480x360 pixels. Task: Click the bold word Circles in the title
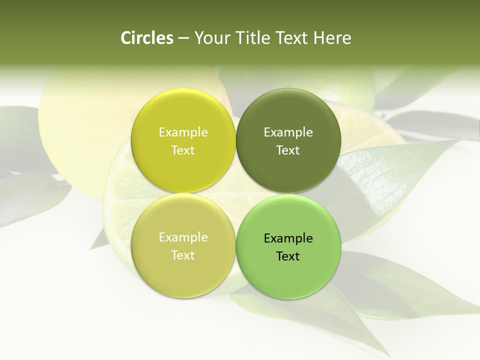(147, 38)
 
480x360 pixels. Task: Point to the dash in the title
(183, 38)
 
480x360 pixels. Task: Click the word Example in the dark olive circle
(288, 132)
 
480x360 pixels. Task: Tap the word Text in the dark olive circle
(288, 150)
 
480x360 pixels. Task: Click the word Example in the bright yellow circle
(183, 132)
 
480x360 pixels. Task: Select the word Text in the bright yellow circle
(183, 150)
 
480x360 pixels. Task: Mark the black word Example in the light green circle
(288, 238)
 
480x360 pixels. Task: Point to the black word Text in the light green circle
(288, 256)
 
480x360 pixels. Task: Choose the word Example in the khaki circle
(183, 237)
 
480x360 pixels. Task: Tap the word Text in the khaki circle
(183, 255)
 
